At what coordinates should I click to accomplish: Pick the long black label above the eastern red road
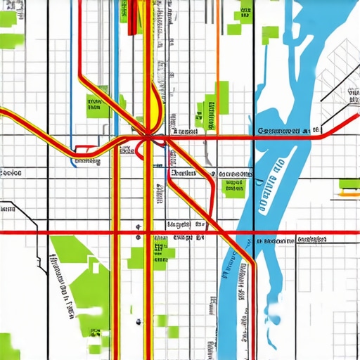pos(285,131)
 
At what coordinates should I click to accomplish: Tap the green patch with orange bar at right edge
pos(349,185)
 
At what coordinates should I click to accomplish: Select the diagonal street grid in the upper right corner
pos(337,70)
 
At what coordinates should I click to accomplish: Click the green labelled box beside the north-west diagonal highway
pos(94,106)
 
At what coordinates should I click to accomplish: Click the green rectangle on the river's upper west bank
pos(270,35)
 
